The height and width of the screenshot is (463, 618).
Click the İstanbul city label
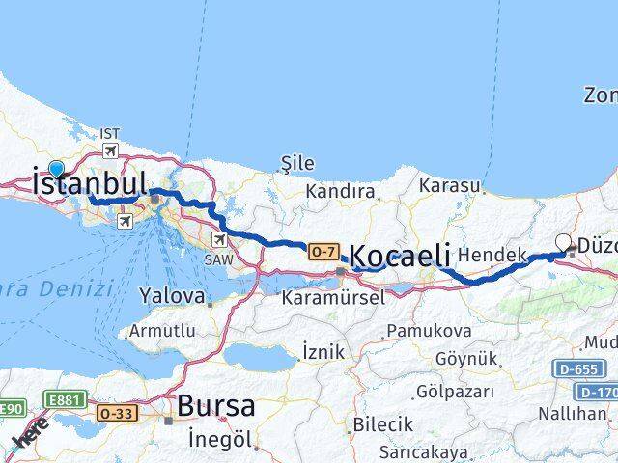[x=89, y=182]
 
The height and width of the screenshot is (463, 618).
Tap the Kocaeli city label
[x=399, y=257]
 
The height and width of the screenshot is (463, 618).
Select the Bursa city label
[x=215, y=404]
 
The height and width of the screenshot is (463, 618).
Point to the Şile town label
[x=296, y=163]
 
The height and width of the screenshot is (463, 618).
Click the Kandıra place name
[x=339, y=192]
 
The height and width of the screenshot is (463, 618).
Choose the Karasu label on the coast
[x=457, y=185]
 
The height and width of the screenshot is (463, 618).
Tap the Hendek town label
[x=492, y=255]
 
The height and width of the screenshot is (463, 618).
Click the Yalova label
[x=173, y=294]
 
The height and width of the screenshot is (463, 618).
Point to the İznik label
[x=323, y=352]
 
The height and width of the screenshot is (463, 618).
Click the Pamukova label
[x=429, y=331]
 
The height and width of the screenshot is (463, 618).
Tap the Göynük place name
[x=467, y=358]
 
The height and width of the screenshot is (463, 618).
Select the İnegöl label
[x=222, y=440]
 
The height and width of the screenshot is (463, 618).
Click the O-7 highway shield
[x=323, y=251]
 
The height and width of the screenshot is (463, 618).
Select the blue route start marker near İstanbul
[x=56, y=167]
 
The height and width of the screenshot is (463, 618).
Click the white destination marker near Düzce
[x=565, y=244]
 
